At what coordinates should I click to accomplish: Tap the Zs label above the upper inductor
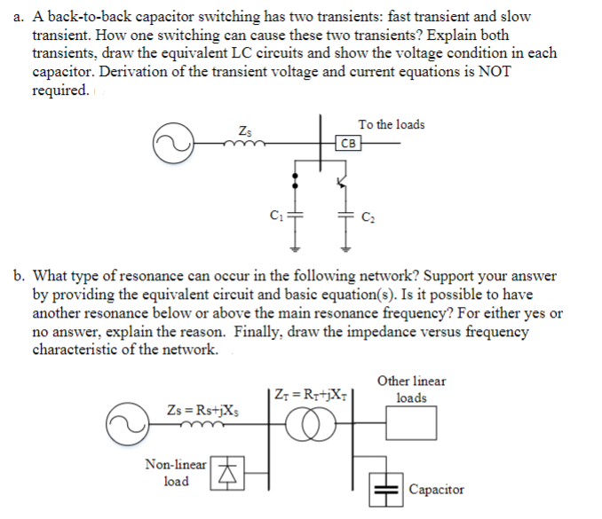pyautogui.click(x=244, y=131)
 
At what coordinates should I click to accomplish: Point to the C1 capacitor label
pyautogui.click(x=276, y=214)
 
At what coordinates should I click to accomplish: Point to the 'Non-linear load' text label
pyautogui.click(x=177, y=472)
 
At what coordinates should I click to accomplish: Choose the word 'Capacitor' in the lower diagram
pyautogui.click(x=436, y=489)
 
